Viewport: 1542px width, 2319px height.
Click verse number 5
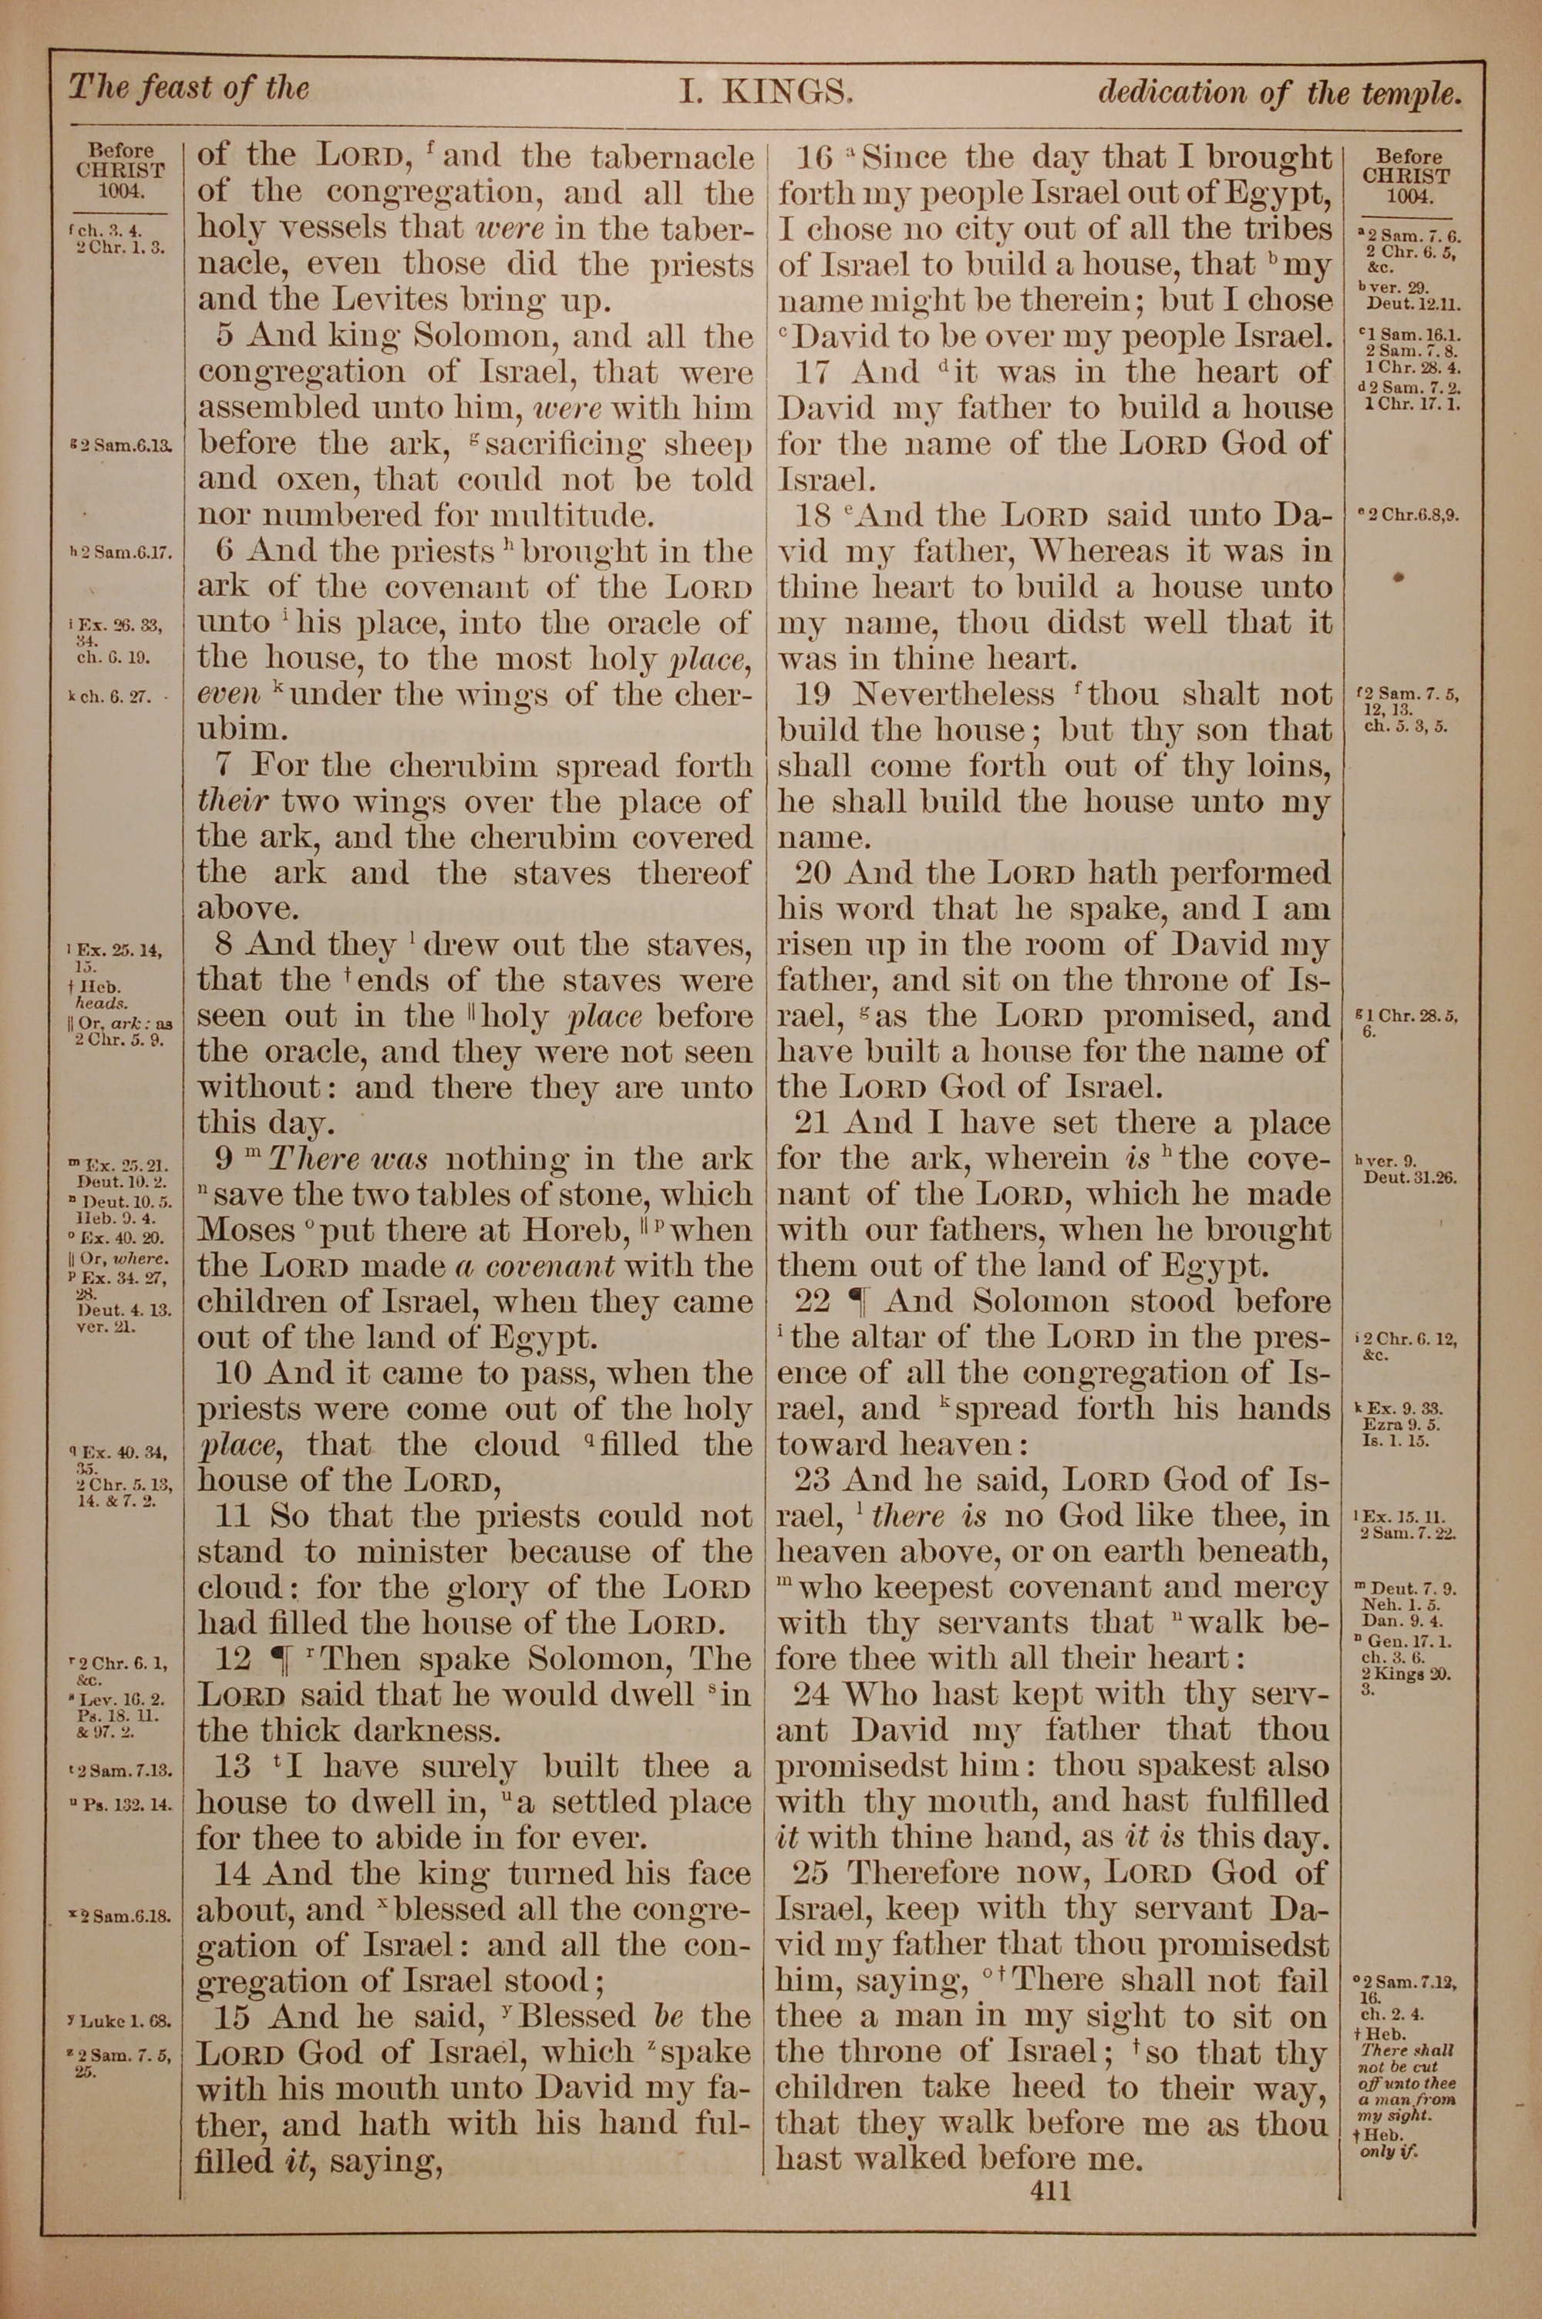pos(225,337)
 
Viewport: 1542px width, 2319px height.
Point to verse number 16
pos(815,158)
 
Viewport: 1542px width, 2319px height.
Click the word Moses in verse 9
pos(246,1230)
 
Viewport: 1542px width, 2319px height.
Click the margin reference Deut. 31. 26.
pos(1409,1176)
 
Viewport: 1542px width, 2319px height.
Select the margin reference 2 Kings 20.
pos(1406,1674)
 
